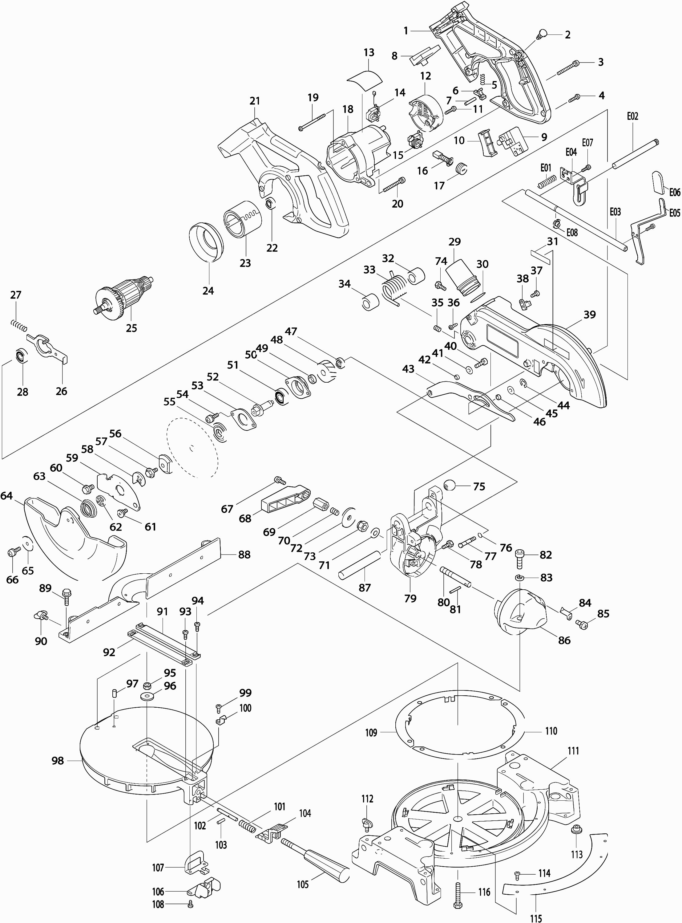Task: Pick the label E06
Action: [x=675, y=192]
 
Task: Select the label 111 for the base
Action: [x=573, y=750]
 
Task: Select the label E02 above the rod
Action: [x=632, y=116]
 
